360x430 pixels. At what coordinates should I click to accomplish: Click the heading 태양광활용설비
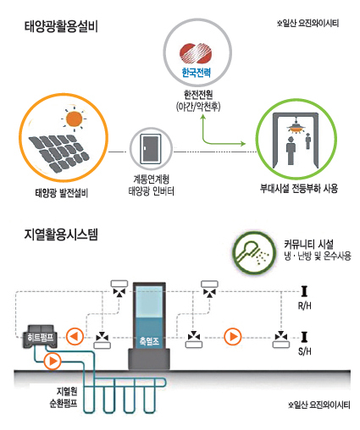click(x=61, y=27)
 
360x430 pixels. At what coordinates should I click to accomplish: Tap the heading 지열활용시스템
click(x=61, y=234)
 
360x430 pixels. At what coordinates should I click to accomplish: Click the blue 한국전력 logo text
click(x=197, y=73)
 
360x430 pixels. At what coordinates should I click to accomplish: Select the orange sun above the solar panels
click(x=74, y=119)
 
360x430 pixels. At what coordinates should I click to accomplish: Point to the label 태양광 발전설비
click(x=62, y=193)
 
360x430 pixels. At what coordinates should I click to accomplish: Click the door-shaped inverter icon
click(x=151, y=148)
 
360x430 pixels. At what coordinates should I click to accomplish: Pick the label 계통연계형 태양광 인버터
click(x=152, y=185)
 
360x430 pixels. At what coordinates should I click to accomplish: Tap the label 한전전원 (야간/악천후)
click(x=198, y=100)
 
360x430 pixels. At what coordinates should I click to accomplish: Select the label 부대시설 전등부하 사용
click(x=299, y=188)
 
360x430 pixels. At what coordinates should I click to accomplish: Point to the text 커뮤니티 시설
click(x=308, y=244)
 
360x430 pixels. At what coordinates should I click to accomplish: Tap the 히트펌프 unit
click(x=41, y=336)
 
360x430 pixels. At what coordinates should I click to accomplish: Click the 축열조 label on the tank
click(x=149, y=341)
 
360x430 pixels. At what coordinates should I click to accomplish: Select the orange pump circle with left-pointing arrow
click(x=75, y=336)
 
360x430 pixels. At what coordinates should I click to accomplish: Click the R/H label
click(x=305, y=306)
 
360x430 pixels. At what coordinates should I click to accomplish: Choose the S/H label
click(x=305, y=351)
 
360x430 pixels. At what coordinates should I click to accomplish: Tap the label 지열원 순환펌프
click(x=64, y=397)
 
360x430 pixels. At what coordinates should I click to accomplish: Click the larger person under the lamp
click(x=291, y=151)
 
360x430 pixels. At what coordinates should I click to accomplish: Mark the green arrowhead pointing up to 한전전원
click(x=202, y=116)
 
